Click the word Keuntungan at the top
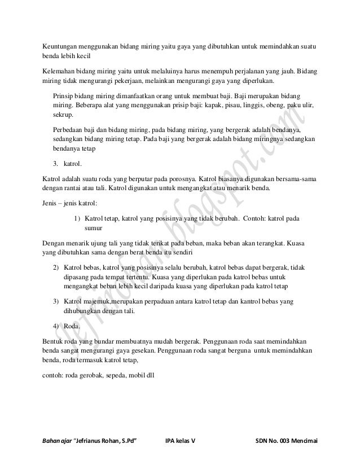point(63,46)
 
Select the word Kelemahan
point(62,73)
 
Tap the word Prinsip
point(63,95)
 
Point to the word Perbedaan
point(68,128)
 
